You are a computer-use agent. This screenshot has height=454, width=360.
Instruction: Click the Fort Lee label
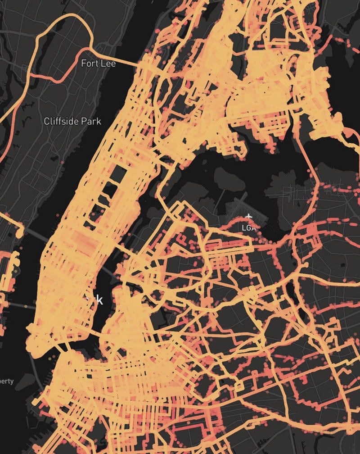(98, 64)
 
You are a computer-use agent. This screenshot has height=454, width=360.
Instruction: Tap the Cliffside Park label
(72, 121)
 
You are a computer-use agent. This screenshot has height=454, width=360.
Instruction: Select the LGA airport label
(248, 228)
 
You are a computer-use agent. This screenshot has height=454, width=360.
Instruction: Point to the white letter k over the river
(99, 300)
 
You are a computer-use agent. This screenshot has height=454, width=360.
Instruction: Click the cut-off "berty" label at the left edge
(6, 381)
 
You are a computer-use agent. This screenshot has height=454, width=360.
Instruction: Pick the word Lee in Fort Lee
(108, 64)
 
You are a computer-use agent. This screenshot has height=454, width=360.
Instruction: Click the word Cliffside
(62, 121)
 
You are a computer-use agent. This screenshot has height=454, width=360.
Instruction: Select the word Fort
(89, 64)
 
